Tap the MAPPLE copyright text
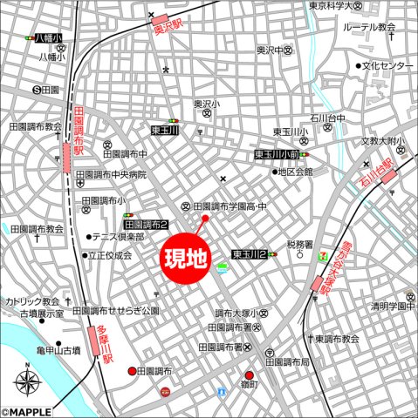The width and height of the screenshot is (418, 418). point(27,412)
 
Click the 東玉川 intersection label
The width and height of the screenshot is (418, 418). point(164,131)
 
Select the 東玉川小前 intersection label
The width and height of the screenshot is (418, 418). point(277,155)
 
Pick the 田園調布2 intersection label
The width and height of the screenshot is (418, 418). point(145,224)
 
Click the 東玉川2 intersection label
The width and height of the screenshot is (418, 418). point(250,254)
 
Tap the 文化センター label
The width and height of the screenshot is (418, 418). point(387,66)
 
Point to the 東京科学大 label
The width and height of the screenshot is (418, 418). point(336,6)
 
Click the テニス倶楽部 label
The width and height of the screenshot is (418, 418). point(120,236)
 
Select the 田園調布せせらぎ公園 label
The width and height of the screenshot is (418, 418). point(116,310)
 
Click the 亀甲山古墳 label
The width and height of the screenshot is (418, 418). point(58,350)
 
